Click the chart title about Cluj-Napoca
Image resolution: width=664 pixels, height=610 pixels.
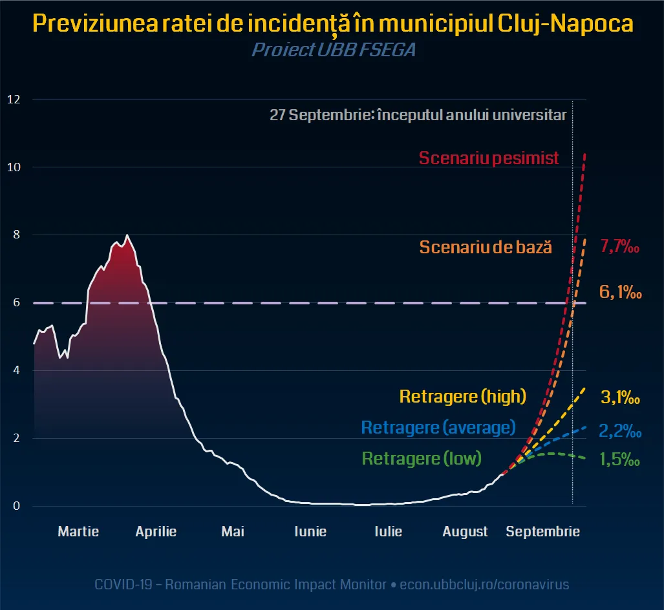point(332,25)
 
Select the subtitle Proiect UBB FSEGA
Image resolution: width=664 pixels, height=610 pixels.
point(333,50)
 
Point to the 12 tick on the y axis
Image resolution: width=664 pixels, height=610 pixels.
point(14,100)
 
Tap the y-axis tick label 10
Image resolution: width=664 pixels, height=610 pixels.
point(14,167)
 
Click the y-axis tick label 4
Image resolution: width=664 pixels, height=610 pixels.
point(16,370)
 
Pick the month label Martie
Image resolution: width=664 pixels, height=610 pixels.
point(78,532)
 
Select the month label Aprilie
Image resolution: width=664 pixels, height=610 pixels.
point(156,532)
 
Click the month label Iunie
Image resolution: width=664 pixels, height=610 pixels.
point(310,532)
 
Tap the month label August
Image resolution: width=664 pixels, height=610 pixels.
point(465,532)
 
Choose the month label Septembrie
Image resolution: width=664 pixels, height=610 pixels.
point(542,532)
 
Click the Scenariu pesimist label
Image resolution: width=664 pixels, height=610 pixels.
point(489,158)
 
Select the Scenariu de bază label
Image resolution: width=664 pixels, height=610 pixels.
point(486,247)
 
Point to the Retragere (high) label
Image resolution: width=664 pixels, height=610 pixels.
point(463,396)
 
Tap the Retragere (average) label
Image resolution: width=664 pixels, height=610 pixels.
point(438,427)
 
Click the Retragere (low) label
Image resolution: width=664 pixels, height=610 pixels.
point(422,459)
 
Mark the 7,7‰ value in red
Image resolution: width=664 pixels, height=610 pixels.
point(620,246)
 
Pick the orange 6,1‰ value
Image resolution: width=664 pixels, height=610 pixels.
point(620,292)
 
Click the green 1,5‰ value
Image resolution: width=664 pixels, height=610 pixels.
point(620,460)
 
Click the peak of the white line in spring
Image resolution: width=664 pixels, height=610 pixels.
point(127,235)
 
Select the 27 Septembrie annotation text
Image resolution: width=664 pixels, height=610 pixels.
point(418,116)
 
